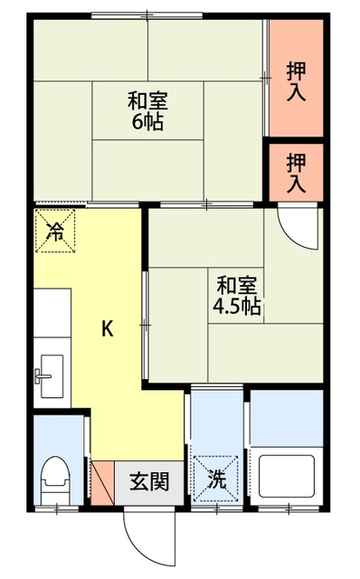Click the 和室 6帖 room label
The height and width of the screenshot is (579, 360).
pyautogui.click(x=147, y=110)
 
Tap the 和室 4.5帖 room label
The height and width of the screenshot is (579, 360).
pyautogui.click(x=237, y=296)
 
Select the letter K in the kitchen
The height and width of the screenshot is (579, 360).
pyautogui.click(x=107, y=329)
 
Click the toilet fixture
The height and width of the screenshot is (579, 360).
pyautogui.click(x=57, y=476)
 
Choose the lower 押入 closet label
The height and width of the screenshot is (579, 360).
pyautogui.click(x=296, y=172)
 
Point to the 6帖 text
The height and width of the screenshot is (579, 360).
pyautogui.click(x=147, y=122)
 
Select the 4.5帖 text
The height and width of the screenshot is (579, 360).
pyautogui.click(x=237, y=308)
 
